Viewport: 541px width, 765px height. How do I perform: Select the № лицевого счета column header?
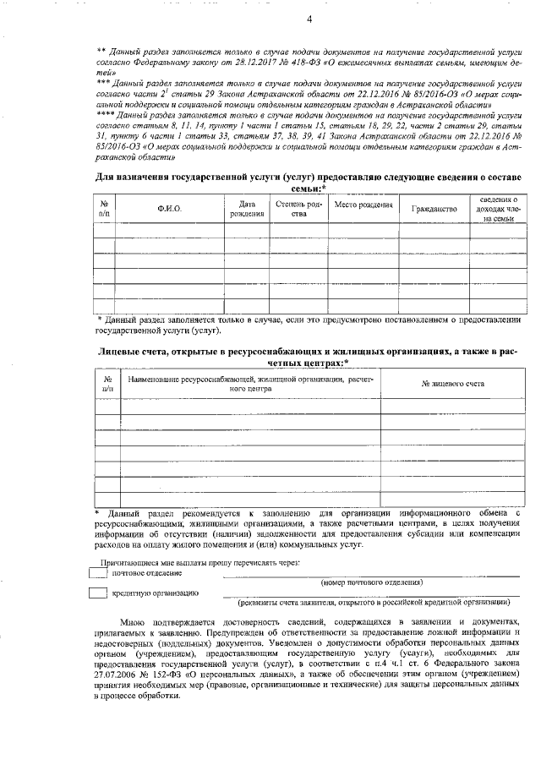(x=452, y=384)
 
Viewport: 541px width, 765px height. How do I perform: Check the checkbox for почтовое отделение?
(x=99, y=573)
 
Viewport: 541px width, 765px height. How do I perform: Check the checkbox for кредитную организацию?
(x=99, y=593)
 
